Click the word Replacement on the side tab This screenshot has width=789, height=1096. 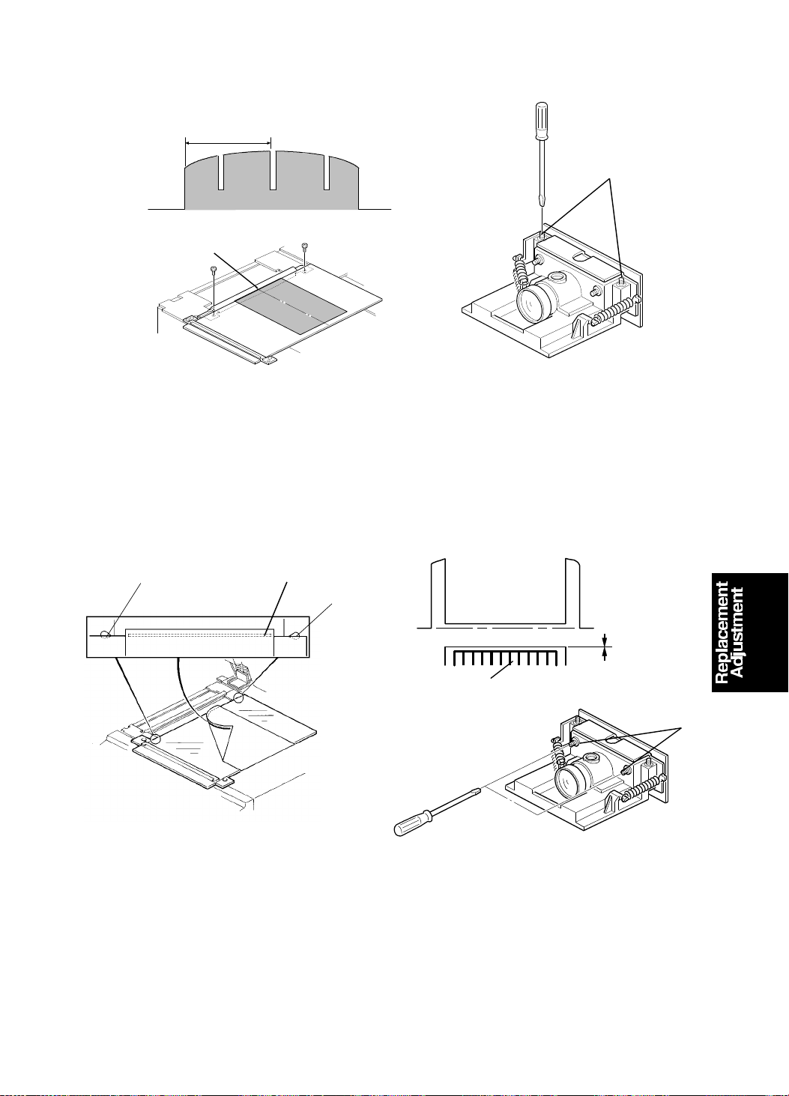click(x=721, y=632)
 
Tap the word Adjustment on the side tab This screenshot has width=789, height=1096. click(x=736, y=632)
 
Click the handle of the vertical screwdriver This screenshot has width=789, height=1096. click(x=541, y=120)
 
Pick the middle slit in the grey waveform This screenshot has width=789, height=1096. click(x=273, y=170)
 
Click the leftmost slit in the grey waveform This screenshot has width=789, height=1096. click(x=221, y=172)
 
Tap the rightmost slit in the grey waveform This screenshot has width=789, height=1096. click(x=327, y=172)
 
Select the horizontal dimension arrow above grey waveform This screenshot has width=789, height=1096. click(x=228, y=143)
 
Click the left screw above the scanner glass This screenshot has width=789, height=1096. click(x=214, y=270)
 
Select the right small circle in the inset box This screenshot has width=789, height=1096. click(x=295, y=635)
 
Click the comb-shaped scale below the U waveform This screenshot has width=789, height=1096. click(x=505, y=656)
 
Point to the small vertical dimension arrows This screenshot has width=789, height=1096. click(x=605, y=647)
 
